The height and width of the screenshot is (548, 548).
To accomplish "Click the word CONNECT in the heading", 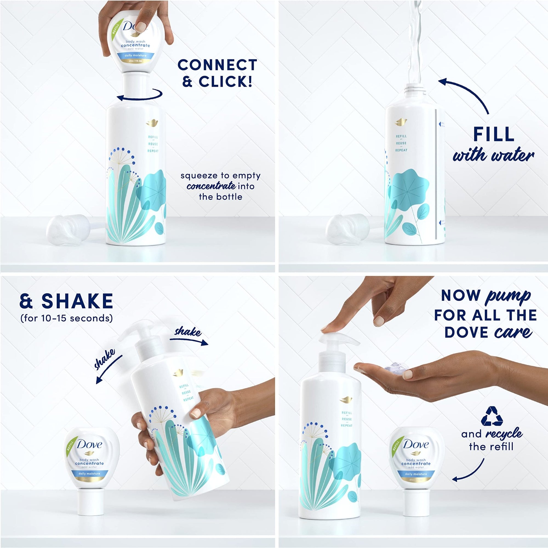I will coord(217,65).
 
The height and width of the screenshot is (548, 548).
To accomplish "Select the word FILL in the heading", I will coord(493,134).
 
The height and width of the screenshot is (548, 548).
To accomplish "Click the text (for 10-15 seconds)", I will coord(66,318).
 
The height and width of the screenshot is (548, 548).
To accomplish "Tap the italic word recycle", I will coord(504,434).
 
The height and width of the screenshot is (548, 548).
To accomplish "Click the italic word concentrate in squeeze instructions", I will coord(211,186).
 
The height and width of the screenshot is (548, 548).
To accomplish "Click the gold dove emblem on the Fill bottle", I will coord(401,122).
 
